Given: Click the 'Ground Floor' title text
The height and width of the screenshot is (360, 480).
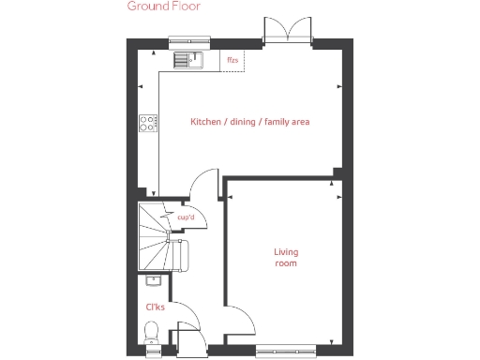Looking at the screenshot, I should (163, 6).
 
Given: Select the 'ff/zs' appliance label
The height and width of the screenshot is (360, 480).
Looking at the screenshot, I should (232, 61).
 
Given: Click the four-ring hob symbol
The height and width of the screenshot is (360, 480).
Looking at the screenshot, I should (148, 122).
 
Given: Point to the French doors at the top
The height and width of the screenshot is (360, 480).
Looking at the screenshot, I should (287, 33).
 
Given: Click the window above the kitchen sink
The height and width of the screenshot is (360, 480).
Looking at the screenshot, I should (187, 42).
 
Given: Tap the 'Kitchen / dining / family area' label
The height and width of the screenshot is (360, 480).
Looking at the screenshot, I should (249, 122).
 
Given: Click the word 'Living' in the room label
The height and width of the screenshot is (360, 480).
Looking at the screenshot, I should (286, 251).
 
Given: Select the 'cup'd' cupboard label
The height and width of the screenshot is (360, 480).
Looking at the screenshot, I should (186, 218).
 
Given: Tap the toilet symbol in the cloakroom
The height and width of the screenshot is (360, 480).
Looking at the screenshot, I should (152, 333).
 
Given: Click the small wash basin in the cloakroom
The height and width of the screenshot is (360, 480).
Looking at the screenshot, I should (153, 279).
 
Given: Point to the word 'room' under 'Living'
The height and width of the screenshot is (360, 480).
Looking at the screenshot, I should (286, 264).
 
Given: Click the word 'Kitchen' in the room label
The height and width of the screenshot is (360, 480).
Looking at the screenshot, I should (206, 122).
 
